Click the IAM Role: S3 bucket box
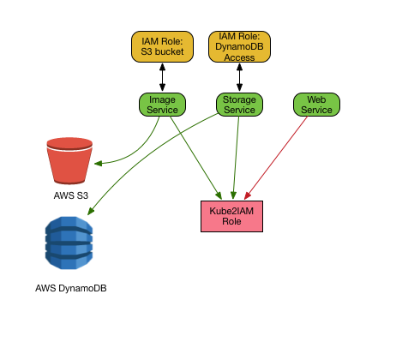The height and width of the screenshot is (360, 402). [x=162, y=46]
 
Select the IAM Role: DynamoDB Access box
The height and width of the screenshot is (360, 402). [x=239, y=46]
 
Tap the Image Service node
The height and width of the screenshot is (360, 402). [x=162, y=105]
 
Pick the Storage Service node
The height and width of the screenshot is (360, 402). [x=239, y=105]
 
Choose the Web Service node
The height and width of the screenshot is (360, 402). [x=316, y=105]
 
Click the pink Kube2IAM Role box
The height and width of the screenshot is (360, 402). [x=231, y=216]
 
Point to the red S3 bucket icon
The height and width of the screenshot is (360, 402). [x=69, y=161]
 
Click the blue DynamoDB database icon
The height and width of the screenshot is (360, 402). [x=69, y=243]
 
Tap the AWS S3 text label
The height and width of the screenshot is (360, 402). [x=71, y=195]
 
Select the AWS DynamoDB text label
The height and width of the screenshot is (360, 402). [x=71, y=288]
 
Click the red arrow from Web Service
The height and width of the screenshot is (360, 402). [x=276, y=158]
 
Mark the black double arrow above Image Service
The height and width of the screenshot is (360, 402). [x=162, y=77]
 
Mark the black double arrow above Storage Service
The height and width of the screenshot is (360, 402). [x=239, y=77]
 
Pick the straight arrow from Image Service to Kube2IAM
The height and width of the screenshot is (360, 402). [x=196, y=158]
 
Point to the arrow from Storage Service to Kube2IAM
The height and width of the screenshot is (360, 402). [x=237, y=158]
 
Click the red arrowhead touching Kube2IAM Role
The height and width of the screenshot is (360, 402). [x=248, y=195]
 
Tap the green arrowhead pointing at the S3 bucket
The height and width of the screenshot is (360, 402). [x=98, y=164]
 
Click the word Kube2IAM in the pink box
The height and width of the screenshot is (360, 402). [x=231, y=211]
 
